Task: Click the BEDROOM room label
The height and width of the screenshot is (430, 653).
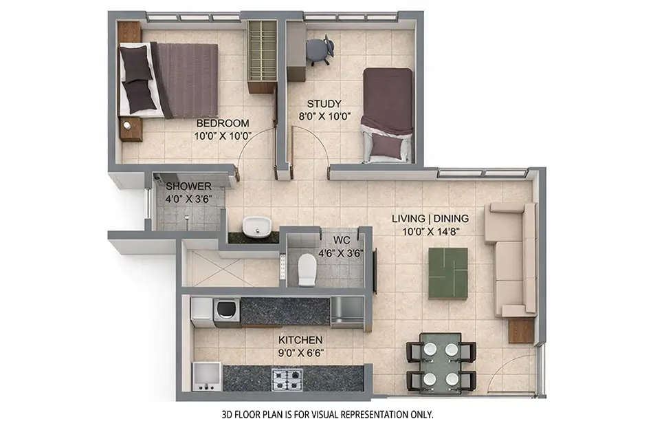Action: point(222,123)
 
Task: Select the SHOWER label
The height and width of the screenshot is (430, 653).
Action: point(188,186)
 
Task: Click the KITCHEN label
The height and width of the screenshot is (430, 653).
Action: point(300,340)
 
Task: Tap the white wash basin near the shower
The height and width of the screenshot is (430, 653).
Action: point(257,225)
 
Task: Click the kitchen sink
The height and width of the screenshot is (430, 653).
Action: point(206,376)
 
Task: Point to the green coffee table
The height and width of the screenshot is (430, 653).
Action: point(447,272)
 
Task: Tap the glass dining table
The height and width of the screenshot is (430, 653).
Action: point(441,361)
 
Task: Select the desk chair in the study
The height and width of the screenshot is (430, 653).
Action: point(320,50)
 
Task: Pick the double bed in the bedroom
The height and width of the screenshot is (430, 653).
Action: point(169,80)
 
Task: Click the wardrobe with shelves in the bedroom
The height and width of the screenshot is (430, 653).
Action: point(262,56)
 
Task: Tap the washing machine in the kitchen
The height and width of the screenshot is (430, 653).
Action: point(226,312)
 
